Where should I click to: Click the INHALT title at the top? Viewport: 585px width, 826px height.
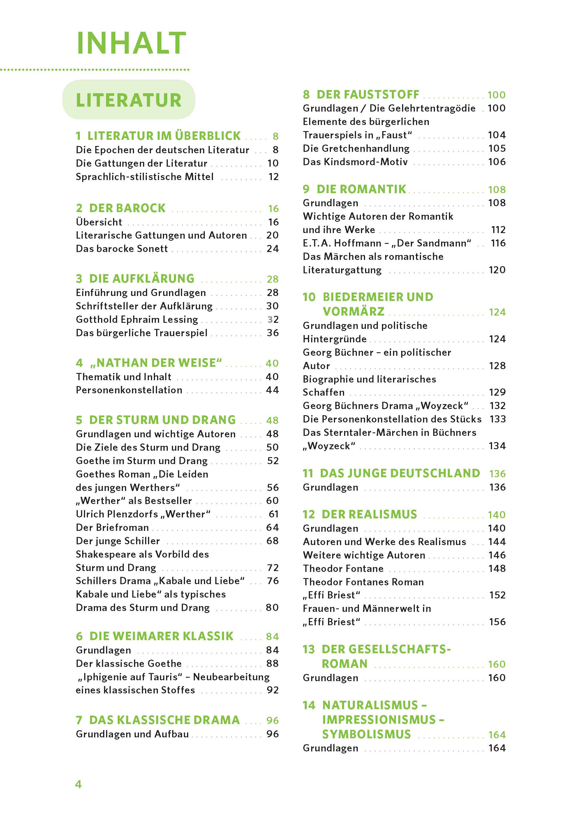(x=131, y=43)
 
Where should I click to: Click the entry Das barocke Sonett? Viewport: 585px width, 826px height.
(x=122, y=249)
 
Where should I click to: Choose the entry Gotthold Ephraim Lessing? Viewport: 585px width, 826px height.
(x=137, y=320)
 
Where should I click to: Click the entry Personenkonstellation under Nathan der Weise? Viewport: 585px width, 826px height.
(x=129, y=390)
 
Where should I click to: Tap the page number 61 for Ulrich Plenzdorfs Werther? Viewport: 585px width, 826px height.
(x=273, y=514)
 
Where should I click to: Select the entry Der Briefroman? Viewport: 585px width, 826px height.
(x=112, y=527)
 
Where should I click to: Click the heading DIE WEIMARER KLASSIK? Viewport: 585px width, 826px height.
(x=161, y=636)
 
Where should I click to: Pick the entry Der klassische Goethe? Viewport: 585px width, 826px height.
(x=128, y=663)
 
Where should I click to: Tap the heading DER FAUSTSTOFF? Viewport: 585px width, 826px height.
(x=367, y=94)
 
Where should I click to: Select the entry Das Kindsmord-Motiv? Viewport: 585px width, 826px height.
(x=355, y=162)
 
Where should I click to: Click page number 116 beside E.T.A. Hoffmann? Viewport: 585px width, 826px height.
(x=498, y=243)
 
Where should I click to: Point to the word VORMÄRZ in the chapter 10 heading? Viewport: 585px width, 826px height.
(x=353, y=311)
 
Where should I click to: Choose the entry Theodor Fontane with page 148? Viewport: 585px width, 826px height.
(x=343, y=568)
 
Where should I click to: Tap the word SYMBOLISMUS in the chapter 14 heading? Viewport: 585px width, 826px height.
(x=366, y=734)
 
